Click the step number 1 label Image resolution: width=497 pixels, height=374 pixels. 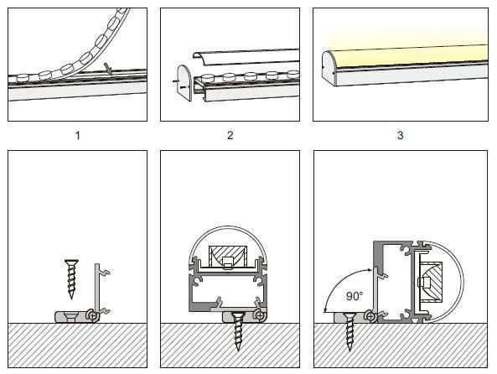[x=77, y=136]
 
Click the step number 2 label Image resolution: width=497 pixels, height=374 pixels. [x=230, y=135]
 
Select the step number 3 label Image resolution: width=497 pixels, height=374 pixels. [x=400, y=135]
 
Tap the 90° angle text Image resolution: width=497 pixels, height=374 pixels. [x=355, y=296]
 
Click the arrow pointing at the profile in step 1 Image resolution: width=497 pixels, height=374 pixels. [x=109, y=69]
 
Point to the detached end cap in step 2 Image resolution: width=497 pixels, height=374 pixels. [x=184, y=83]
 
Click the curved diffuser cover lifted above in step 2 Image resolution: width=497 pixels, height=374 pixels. [x=246, y=57]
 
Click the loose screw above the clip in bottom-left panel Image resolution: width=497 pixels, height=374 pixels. [x=71, y=279]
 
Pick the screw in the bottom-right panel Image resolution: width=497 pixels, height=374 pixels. [x=349, y=331]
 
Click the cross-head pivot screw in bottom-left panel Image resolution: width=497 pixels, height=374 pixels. [x=93, y=315]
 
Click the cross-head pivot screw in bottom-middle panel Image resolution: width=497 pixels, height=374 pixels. [x=260, y=315]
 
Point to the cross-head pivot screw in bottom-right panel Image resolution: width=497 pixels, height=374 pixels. [x=370, y=316]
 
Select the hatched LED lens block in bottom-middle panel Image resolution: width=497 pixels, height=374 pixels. [x=228, y=257]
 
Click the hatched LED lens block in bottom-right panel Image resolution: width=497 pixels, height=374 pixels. [x=431, y=282]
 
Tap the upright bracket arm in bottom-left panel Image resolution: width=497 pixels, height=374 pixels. [x=97, y=287]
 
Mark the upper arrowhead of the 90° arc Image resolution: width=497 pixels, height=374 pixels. [x=370, y=270]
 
